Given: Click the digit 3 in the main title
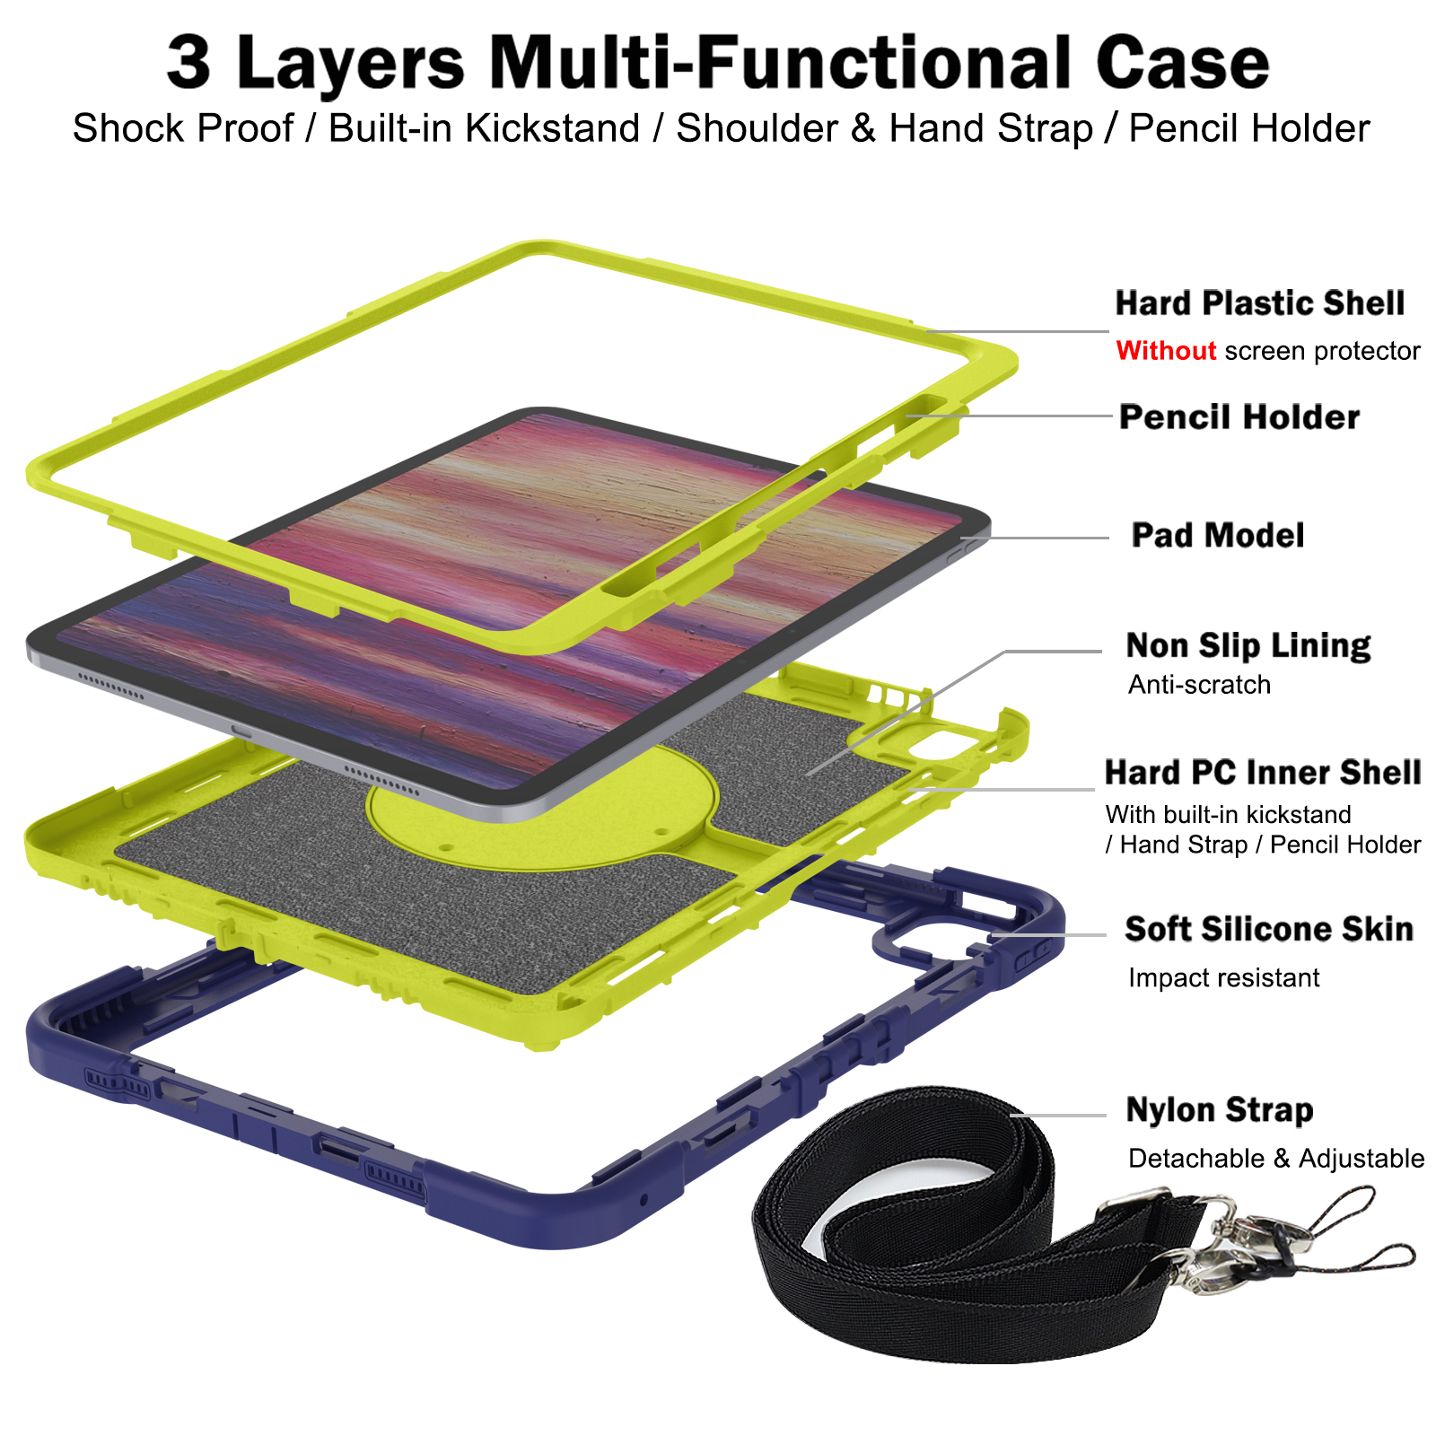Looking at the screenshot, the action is (x=188, y=63).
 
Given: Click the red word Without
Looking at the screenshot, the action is (x=1166, y=350).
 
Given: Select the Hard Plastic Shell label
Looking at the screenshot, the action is (x=1259, y=303).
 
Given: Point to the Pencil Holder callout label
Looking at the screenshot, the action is (x=1239, y=417).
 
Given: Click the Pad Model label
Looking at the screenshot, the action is (x=1218, y=536).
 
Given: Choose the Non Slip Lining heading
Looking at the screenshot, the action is (x=1248, y=645).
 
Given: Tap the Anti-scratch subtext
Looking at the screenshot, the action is (x=1199, y=685).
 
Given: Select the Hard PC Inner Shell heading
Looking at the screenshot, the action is (x=1263, y=773).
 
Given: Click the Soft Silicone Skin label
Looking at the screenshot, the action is (x=1269, y=929).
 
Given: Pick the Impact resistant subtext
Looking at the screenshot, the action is (x=1223, y=977).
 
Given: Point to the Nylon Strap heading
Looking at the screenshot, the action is (x=1220, y=1110).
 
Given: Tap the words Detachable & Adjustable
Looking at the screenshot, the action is (x=1276, y=1159).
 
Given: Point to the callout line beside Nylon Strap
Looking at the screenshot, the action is (x=1058, y=1116).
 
